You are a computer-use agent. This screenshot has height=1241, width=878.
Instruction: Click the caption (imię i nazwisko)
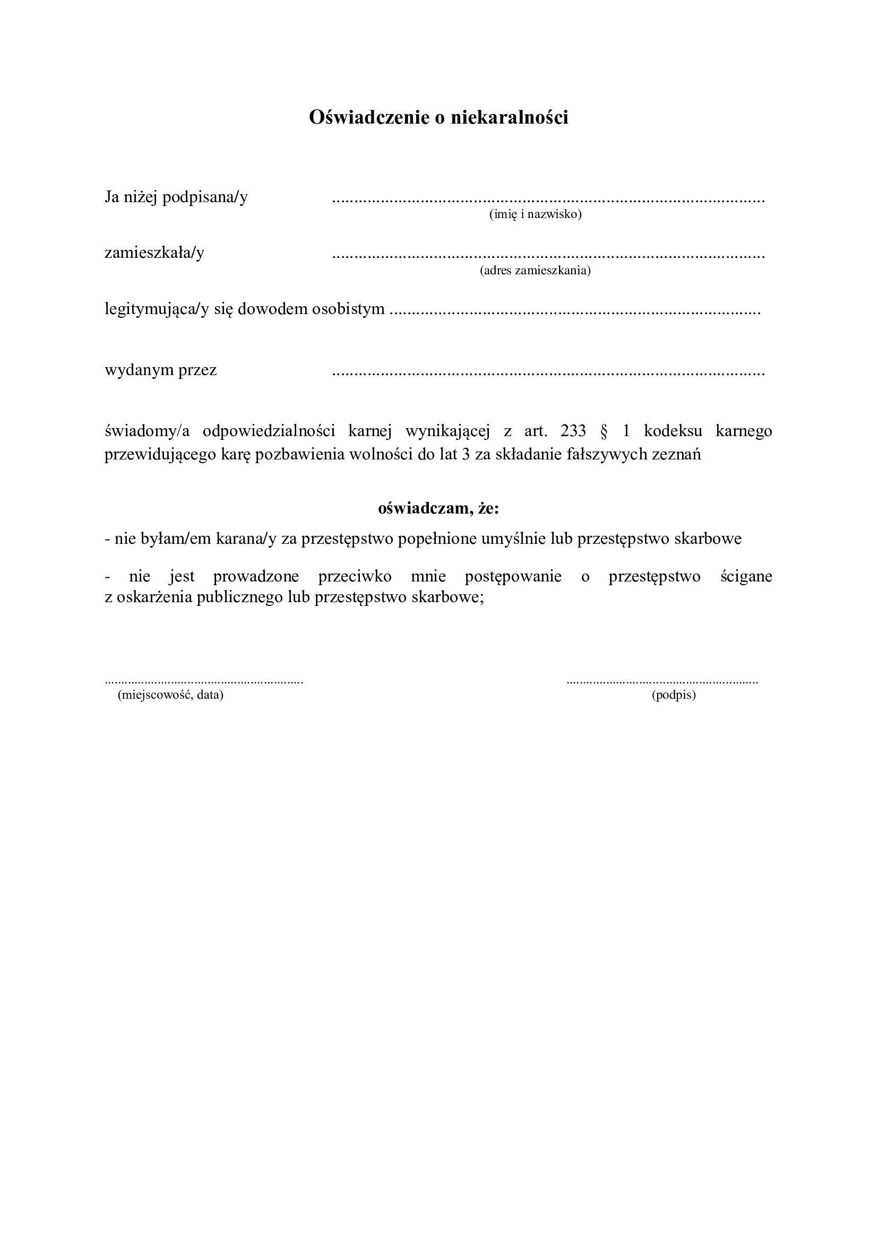[x=535, y=214]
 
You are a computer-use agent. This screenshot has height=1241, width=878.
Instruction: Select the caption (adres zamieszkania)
[x=535, y=270]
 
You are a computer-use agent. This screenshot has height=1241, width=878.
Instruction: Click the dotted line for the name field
[x=548, y=202]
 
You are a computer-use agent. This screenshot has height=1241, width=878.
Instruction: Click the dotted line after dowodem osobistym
[x=575, y=314]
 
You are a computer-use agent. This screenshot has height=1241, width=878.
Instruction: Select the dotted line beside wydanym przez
[x=548, y=374]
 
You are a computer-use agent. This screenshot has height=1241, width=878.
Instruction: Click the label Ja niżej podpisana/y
[x=176, y=197]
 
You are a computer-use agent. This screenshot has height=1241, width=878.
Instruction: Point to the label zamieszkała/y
[x=154, y=253]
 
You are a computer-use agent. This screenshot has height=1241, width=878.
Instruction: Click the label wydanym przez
[x=160, y=370]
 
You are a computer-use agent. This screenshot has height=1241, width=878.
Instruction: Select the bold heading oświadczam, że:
[x=438, y=508]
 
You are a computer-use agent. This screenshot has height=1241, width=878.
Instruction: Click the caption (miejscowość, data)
[x=170, y=695]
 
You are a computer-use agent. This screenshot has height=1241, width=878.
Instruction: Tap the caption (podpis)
[x=674, y=695]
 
